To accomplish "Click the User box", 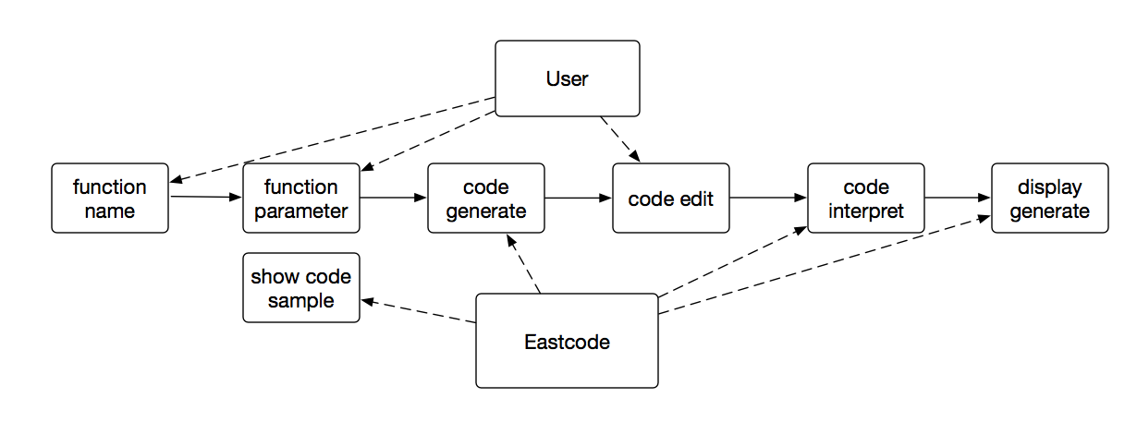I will point(567,78).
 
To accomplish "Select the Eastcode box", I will point(567,341).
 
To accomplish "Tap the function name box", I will point(110,199).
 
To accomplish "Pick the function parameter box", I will point(301,199).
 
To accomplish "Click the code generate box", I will point(486,199).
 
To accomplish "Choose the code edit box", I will point(671,199).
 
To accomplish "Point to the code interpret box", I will point(865,199).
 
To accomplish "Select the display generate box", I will point(1049,199).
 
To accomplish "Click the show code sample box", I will point(301,287).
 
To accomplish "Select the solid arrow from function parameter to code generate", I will point(393,198).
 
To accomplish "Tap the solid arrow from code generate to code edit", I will point(578,198).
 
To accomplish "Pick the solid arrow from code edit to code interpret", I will point(767,198).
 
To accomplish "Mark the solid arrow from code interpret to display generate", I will point(958,198).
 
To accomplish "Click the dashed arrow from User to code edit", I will point(619,139).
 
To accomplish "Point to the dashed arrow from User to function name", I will point(333,139).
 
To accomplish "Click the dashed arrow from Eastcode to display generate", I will point(823,264).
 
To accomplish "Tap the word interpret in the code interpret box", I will point(865,211).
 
